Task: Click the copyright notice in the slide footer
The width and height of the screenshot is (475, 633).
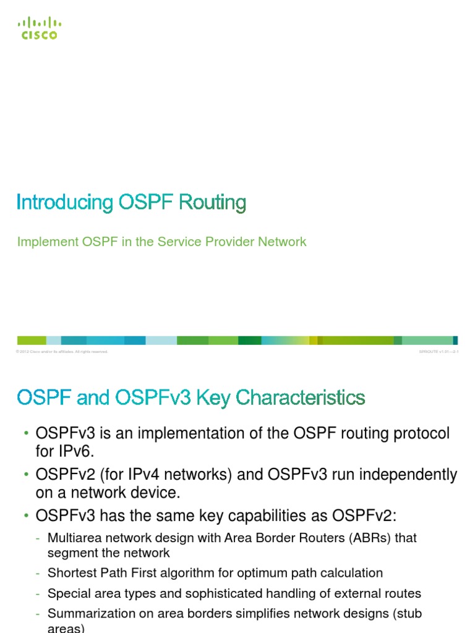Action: coord(62,352)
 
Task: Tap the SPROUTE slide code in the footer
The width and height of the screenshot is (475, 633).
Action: coord(438,352)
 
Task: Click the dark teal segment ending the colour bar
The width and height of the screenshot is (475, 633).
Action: coord(455,340)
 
